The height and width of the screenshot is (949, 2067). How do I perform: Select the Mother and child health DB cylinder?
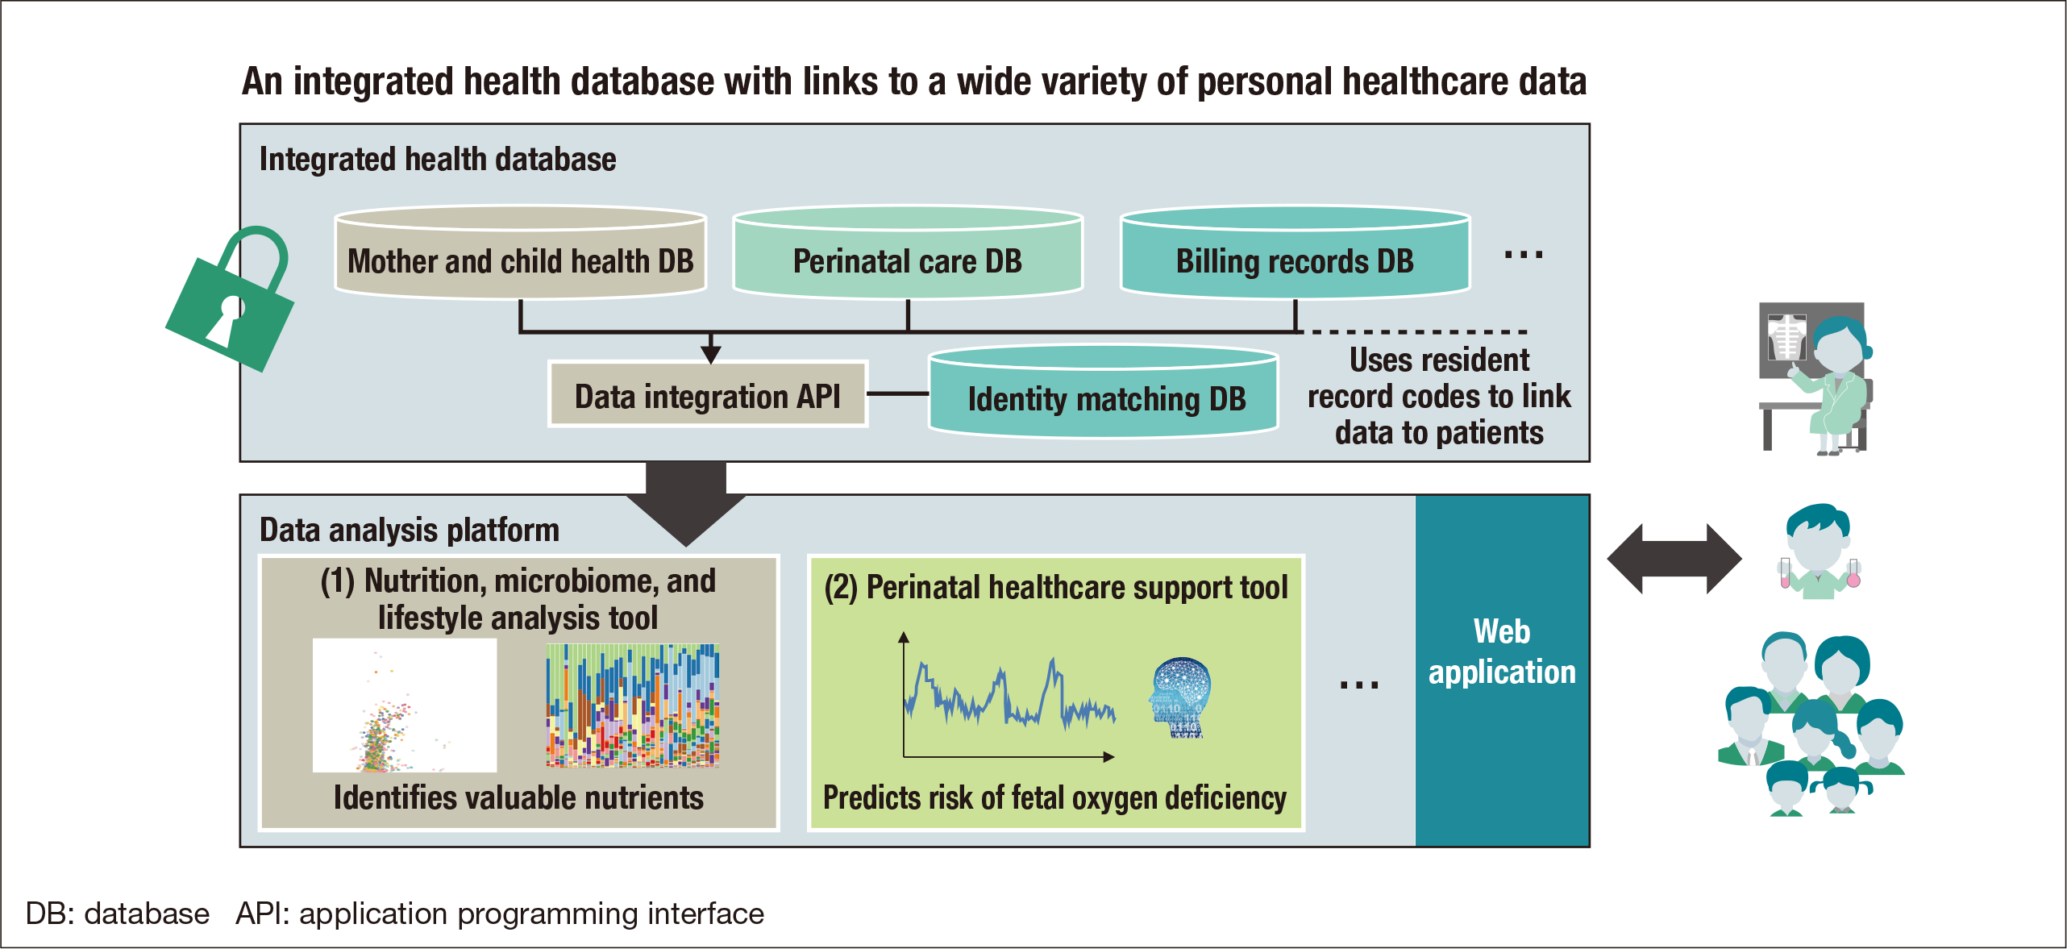coord(520,254)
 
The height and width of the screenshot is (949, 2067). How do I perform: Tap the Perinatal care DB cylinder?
coord(907,254)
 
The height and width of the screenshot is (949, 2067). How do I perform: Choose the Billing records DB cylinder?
coord(1295,254)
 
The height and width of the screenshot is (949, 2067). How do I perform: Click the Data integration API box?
coord(707,395)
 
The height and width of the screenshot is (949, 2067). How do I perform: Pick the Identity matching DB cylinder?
coord(1104,393)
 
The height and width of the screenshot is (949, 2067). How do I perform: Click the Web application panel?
coord(1502,670)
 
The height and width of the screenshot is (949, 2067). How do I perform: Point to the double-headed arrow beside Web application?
coord(1674,559)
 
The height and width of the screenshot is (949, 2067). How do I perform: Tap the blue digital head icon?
coord(1180,697)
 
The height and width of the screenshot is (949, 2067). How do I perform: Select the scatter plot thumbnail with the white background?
coord(405,706)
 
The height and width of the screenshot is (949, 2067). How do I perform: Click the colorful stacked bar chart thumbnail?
coord(632,706)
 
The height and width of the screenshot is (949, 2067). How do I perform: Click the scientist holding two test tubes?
coord(1818,552)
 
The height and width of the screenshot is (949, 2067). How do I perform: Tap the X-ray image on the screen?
coord(1786,337)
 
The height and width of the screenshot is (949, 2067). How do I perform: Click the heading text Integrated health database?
coord(438,160)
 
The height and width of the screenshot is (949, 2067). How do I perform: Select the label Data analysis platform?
coord(409,531)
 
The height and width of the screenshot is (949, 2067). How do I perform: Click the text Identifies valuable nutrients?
coord(518,798)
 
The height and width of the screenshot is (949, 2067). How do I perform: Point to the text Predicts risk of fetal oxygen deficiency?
coord(1054,798)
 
